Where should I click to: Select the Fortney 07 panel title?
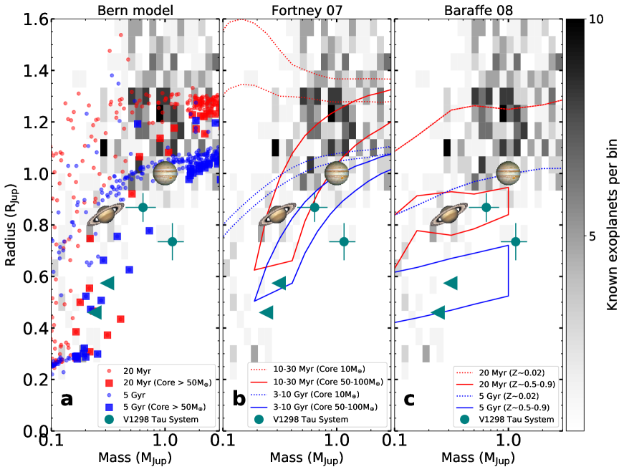(307, 9)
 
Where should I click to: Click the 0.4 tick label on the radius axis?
(29, 328)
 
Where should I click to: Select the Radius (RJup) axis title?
(10, 224)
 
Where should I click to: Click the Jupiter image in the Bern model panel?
(165, 173)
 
